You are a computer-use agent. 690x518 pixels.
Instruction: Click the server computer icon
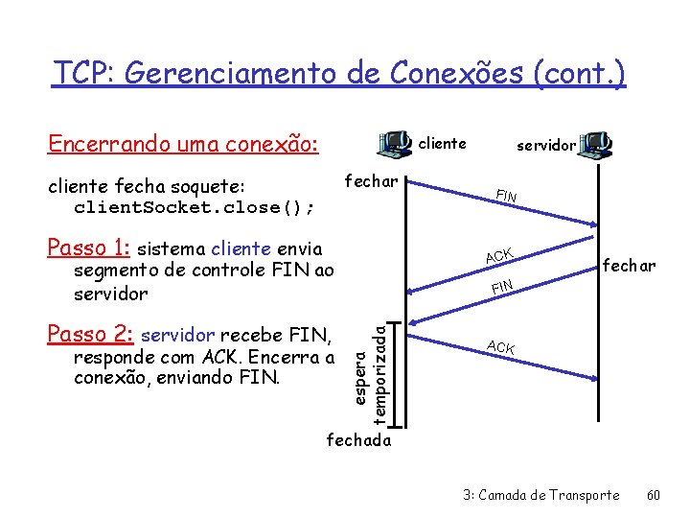(597, 145)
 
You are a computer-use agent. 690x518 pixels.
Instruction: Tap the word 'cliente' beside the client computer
(443, 144)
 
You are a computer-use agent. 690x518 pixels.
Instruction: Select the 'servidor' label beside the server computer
(546, 146)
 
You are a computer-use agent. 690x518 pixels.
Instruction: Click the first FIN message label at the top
(506, 197)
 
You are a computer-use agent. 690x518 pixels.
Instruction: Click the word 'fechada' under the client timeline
(359, 440)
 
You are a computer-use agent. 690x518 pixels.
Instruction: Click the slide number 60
(654, 495)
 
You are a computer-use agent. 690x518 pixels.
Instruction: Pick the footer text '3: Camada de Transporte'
(541, 495)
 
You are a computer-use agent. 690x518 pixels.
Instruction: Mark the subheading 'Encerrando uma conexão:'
(183, 144)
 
